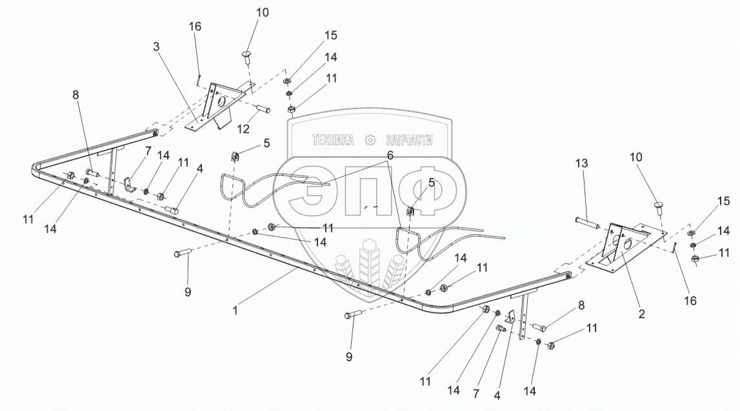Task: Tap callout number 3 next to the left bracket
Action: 157,47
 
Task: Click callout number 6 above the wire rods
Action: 390,155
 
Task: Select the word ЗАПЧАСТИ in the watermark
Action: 408,140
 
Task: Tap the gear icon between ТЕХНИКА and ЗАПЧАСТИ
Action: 370,140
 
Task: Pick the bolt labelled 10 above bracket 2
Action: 659,207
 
